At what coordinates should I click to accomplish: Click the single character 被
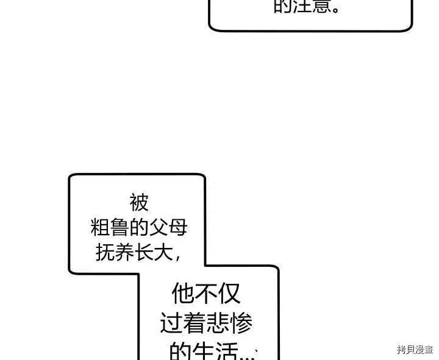coord(139,202)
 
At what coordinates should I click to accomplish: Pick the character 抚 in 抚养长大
coord(105,252)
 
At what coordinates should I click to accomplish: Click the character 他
coord(183,294)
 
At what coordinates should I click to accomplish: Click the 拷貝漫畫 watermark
coord(414,350)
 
